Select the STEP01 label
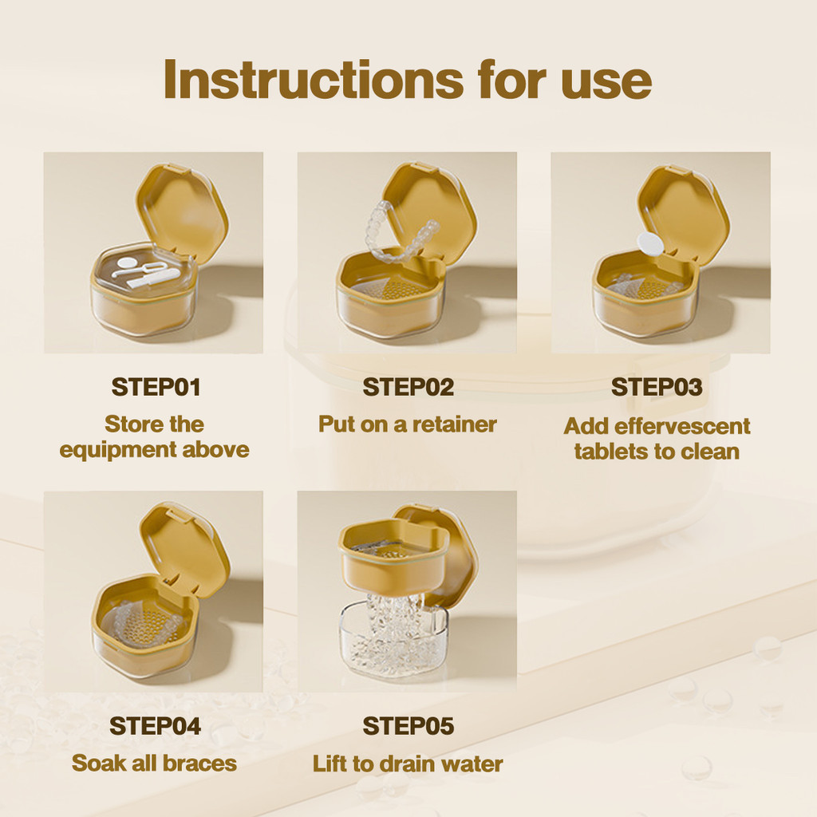(156, 387)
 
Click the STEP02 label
(408, 387)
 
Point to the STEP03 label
(657, 387)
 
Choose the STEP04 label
(155, 726)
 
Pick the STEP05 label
(408, 726)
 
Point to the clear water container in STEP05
(393, 641)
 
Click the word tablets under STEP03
(607, 452)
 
